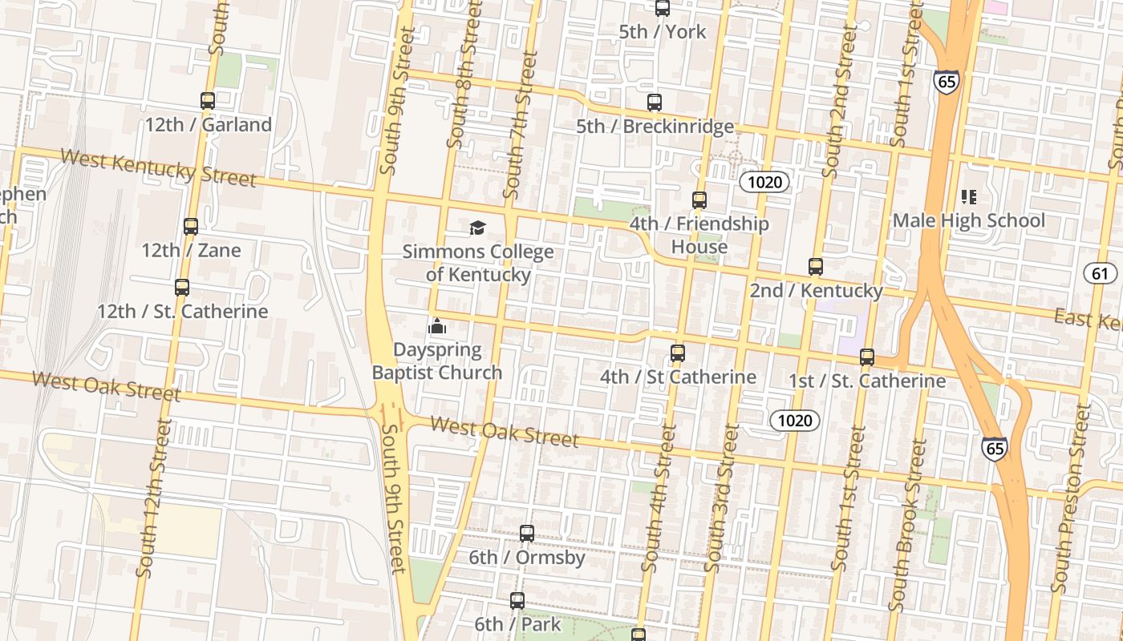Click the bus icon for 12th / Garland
208,101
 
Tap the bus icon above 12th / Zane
191,227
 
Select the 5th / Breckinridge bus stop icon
655,103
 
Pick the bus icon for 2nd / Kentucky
816,267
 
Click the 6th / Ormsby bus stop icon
527,534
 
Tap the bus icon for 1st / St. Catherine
867,357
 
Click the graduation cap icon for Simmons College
478,228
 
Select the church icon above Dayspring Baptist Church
437,326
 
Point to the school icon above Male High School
968,197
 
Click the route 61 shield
1100,273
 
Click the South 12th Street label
152,497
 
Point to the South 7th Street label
520,125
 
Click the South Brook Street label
908,525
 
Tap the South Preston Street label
1071,497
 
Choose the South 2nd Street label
839,101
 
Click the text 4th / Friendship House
699,235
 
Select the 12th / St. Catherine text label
182,311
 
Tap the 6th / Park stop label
517,623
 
